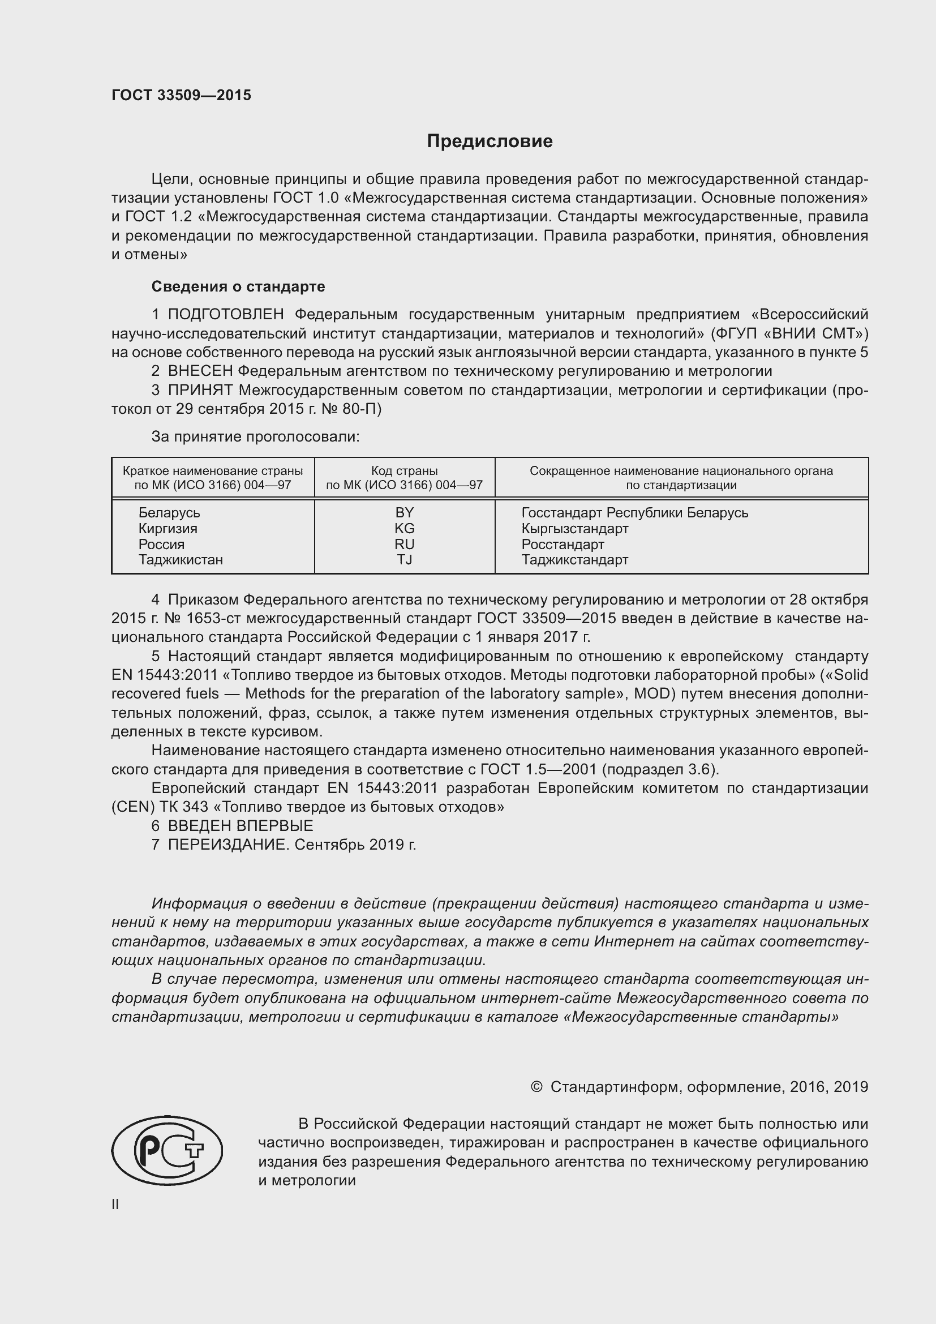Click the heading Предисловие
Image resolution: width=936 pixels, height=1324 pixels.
click(x=490, y=142)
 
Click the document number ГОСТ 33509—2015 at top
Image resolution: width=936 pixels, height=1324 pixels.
click(x=181, y=95)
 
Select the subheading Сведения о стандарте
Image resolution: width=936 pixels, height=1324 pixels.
click(x=238, y=286)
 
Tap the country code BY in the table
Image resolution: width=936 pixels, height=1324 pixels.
click(x=404, y=513)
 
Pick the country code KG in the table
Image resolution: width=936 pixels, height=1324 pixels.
click(x=404, y=528)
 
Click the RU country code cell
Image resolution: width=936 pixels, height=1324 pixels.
click(x=404, y=544)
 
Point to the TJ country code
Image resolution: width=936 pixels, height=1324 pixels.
click(x=404, y=559)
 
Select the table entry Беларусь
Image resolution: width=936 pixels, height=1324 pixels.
click(x=169, y=513)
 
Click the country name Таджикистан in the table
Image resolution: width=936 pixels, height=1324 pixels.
click(x=181, y=559)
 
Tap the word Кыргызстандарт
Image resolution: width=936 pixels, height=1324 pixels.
click(x=574, y=528)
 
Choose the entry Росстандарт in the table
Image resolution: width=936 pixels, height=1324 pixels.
click(x=563, y=544)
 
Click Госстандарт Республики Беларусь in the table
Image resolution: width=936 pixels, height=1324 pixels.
click(x=634, y=513)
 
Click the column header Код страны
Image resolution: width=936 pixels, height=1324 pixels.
click(x=404, y=470)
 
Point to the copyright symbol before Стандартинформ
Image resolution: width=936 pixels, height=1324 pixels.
click(x=536, y=1087)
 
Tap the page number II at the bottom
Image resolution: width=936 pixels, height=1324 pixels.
click(x=115, y=1204)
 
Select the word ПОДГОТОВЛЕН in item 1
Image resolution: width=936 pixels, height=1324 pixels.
click(x=226, y=314)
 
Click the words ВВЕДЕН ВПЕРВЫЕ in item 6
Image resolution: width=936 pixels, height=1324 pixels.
click(x=241, y=826)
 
